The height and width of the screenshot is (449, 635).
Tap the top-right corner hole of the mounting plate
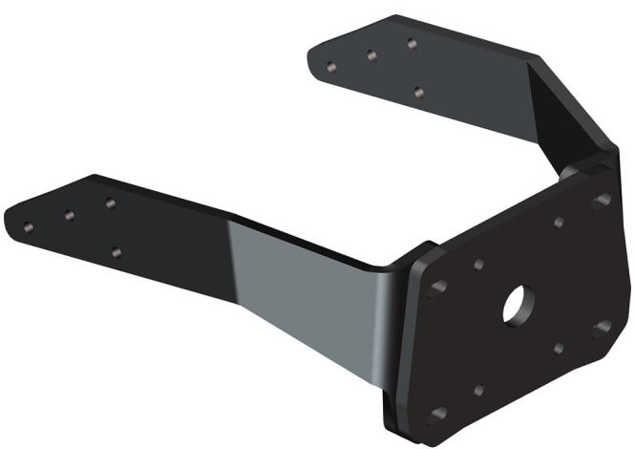coord(602,202)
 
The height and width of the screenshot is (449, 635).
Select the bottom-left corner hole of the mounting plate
coord(439,414)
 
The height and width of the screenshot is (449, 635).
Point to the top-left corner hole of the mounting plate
coord(439,287)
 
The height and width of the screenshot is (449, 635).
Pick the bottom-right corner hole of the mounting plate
coord(602,328)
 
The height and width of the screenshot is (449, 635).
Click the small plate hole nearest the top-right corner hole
coord(559,223)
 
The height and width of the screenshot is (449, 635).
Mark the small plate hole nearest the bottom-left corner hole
coord(478,391)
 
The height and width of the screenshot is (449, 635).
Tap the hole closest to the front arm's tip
coord(28,227)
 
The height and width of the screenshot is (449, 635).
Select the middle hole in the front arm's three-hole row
coord(69,215)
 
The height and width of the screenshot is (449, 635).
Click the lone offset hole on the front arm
coord(116,252)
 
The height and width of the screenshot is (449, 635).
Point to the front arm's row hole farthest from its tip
coord(110,203)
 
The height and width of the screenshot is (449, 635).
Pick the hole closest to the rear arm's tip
coord(330,68)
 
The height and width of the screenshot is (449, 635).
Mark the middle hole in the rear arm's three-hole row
coord(370,55)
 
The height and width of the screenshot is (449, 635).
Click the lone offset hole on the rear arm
coord(418,92)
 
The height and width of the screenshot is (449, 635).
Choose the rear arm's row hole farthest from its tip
coord(411,43)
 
